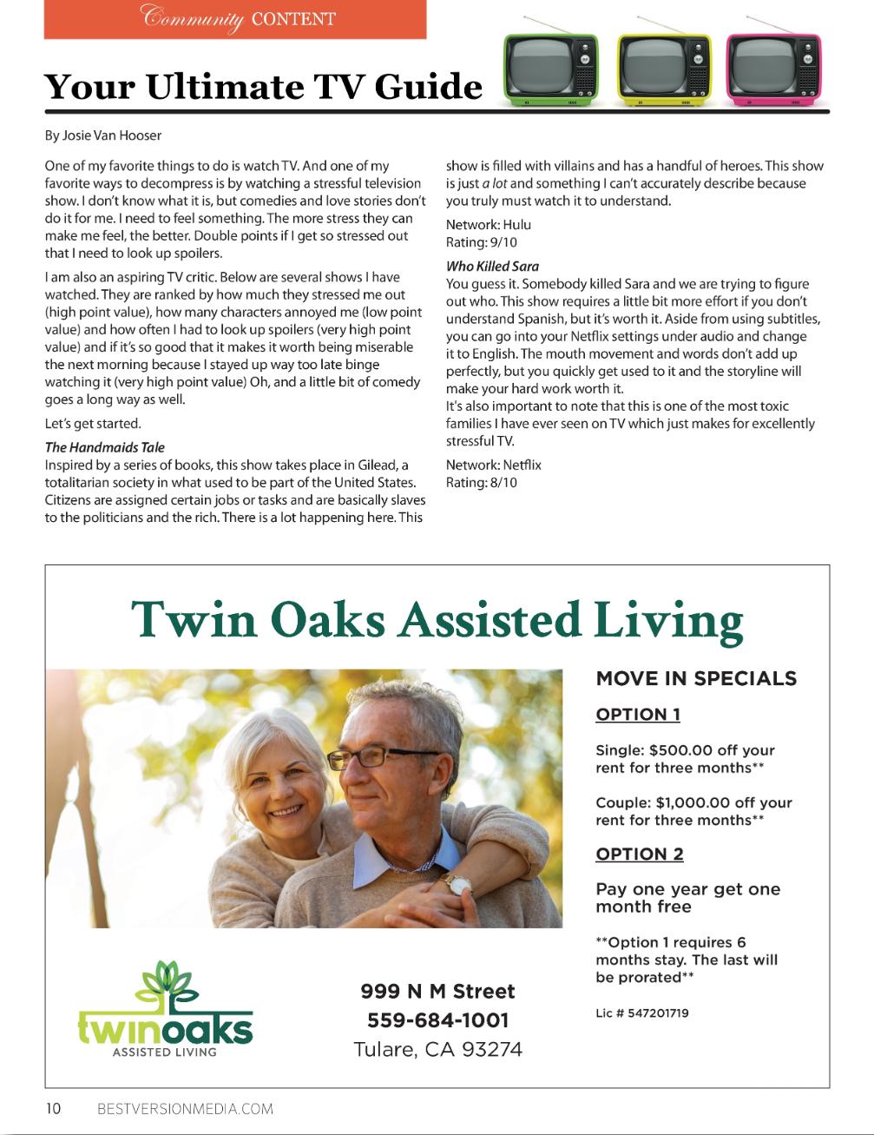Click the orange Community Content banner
[235, 19]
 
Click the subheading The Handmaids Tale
[104, 447]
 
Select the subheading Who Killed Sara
[492, 266]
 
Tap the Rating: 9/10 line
[481, 242]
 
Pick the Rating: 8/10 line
[481, 482]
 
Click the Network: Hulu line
[488, 224]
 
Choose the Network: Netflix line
[493, 465]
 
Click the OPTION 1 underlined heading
[637, 715]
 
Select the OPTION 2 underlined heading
[639, 854]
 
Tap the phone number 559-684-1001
[437, 1020]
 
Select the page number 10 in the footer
[54, 1108]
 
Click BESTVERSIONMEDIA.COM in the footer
[185, 1108]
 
